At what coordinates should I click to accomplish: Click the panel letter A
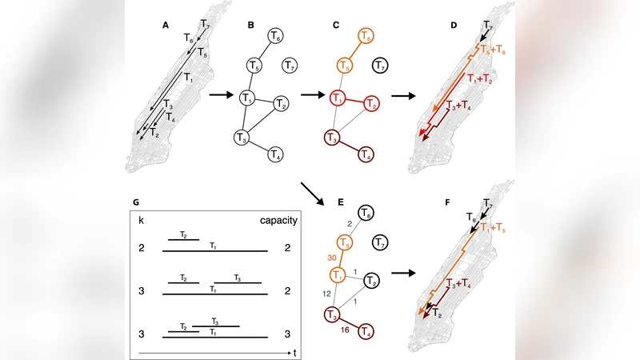tap(166, 26)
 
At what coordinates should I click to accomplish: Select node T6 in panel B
tap(275, 37)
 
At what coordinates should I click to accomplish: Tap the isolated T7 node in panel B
tap(290, 65)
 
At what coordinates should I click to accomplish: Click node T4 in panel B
tap(274, 154)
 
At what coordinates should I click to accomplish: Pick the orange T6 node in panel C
tap(366, 37)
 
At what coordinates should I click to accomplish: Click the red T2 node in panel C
tap(371, 103)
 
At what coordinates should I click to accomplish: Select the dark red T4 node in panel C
tap(365, 154)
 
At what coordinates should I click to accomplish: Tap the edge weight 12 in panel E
tap(326, 295)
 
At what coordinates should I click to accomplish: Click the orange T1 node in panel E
tap(338, 274)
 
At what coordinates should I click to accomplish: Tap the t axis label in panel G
tap(296, 352)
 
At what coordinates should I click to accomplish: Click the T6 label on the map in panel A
tap(188, 38)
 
